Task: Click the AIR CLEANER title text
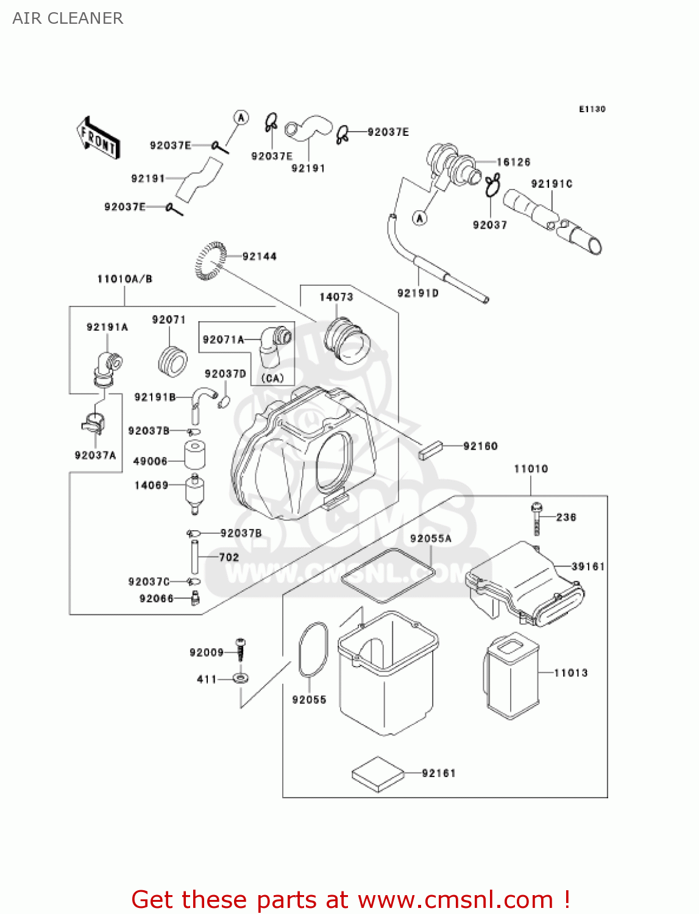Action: coord(68,18)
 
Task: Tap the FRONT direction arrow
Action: coord(98,138)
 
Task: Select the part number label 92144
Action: coord(260,257)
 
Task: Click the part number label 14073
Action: coord(336,297)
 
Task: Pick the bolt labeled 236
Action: coord(537,519)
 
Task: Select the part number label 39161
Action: coord(588,566)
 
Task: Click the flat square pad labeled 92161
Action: coord(378,774)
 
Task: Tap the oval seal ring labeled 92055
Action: coord(313,650)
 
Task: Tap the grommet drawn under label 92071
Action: coord(171,361)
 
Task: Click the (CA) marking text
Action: coord(272,378)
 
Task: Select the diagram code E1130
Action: coord(592,109)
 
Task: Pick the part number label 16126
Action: coord(513,162)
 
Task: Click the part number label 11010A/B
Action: coord(125,279)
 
